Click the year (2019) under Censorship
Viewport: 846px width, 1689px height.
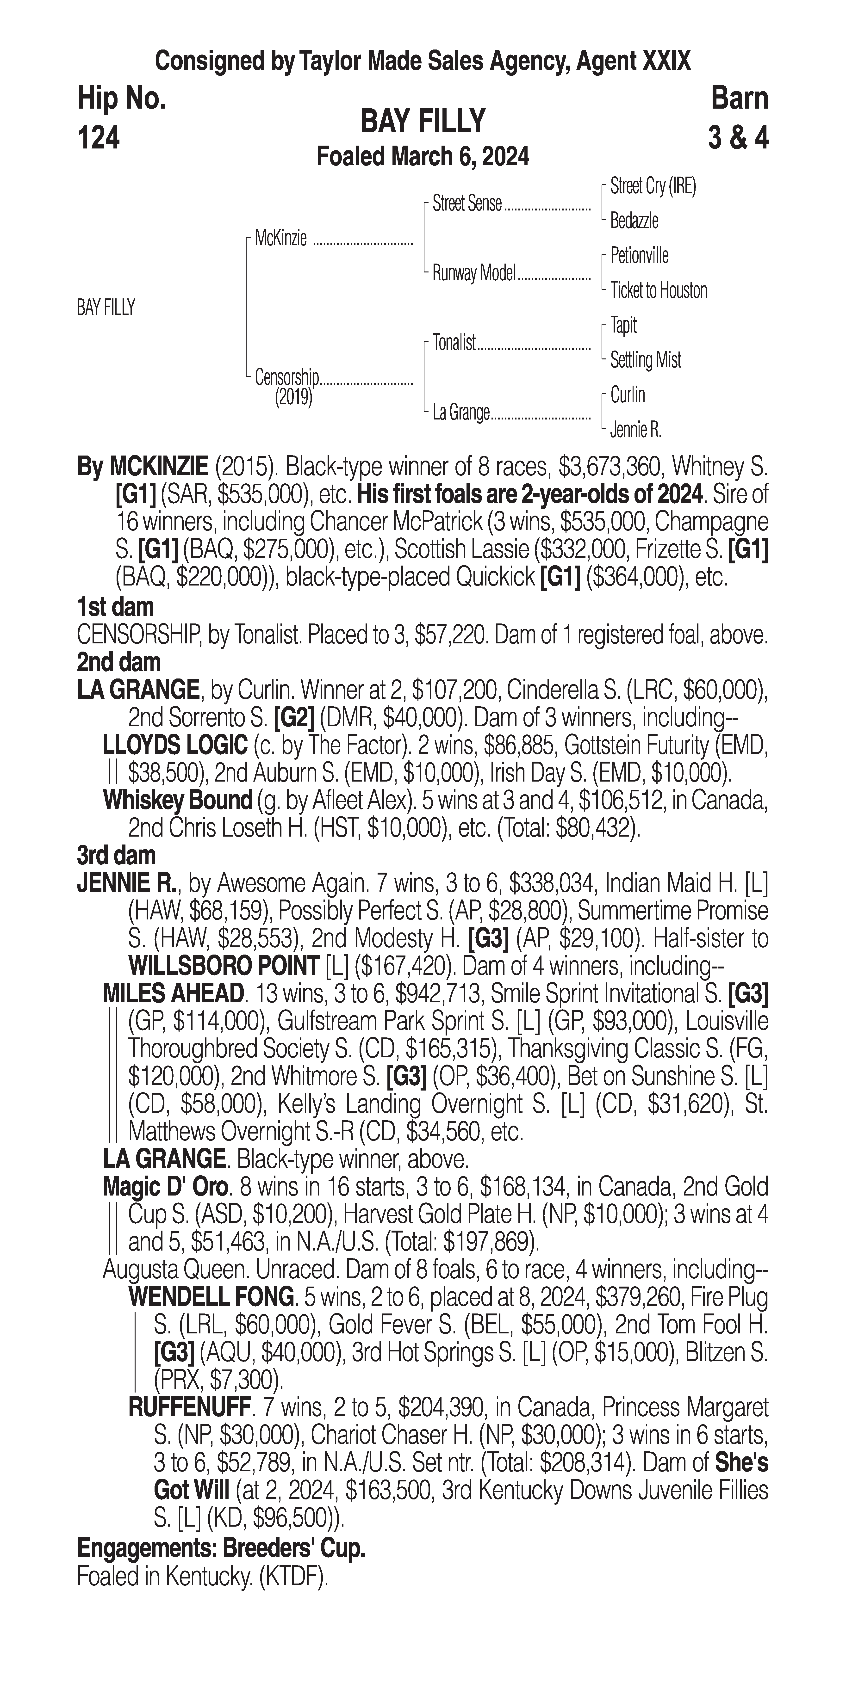pos(293,397)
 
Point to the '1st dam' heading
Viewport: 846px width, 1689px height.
pos(115,607)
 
